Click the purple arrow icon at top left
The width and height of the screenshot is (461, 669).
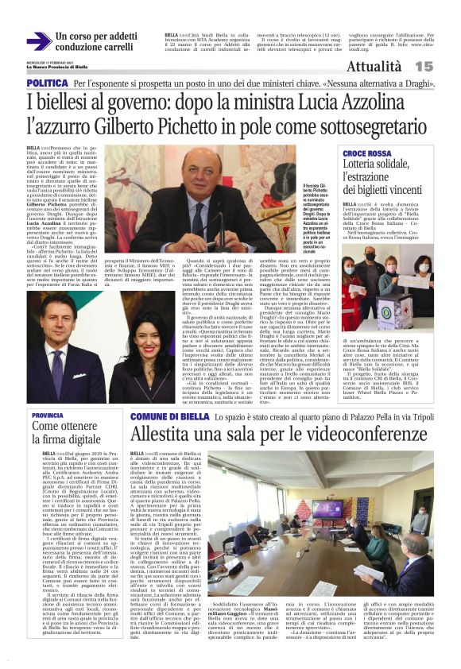coord(37,41)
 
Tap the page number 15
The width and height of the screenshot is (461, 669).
coord(445,67)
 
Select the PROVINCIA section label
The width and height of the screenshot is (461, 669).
coord(48,415)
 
